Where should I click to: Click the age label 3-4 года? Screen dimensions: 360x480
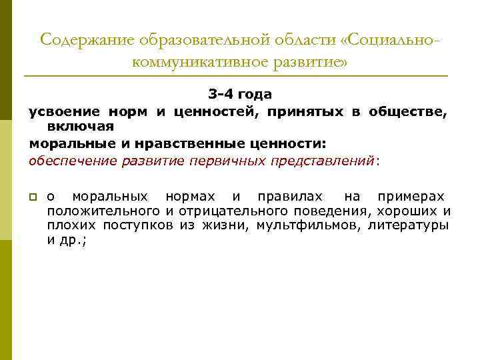point(239,95)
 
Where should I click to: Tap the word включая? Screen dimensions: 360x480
point(81,126)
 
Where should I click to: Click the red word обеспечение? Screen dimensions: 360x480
point(72,161)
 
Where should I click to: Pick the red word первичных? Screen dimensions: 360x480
point(227,161)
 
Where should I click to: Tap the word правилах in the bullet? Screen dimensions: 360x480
point(287,197)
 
